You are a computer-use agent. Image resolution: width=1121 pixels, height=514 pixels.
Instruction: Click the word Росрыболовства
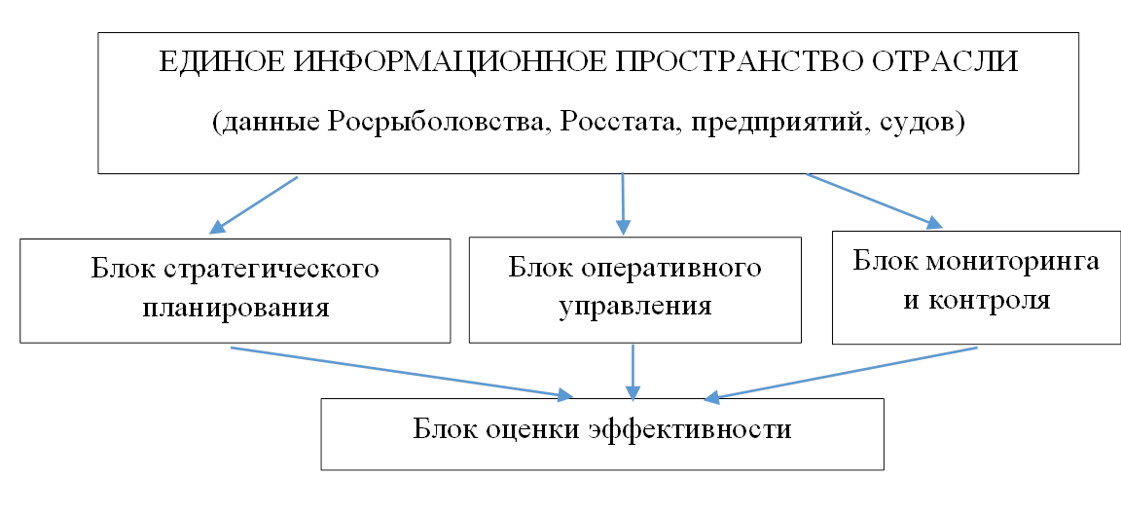[x=439, y=123]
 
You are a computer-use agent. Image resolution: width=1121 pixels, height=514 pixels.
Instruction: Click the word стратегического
[x=271, y=270]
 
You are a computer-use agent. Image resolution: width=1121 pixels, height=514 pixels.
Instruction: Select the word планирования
[x=235, y=309]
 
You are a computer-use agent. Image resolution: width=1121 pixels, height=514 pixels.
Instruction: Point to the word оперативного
[x=675, y=268]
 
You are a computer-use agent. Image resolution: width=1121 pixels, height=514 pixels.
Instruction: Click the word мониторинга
[x=1015, y=262]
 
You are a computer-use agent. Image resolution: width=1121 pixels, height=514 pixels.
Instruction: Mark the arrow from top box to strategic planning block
[x=254, y=204]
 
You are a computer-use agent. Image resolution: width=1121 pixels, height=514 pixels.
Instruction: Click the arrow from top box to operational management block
[x=624, y=203]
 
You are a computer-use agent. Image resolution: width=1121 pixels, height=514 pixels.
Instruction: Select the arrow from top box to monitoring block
[x=875, y=201]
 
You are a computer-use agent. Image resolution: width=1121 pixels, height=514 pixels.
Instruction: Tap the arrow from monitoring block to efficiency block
[x=840, y=373]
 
